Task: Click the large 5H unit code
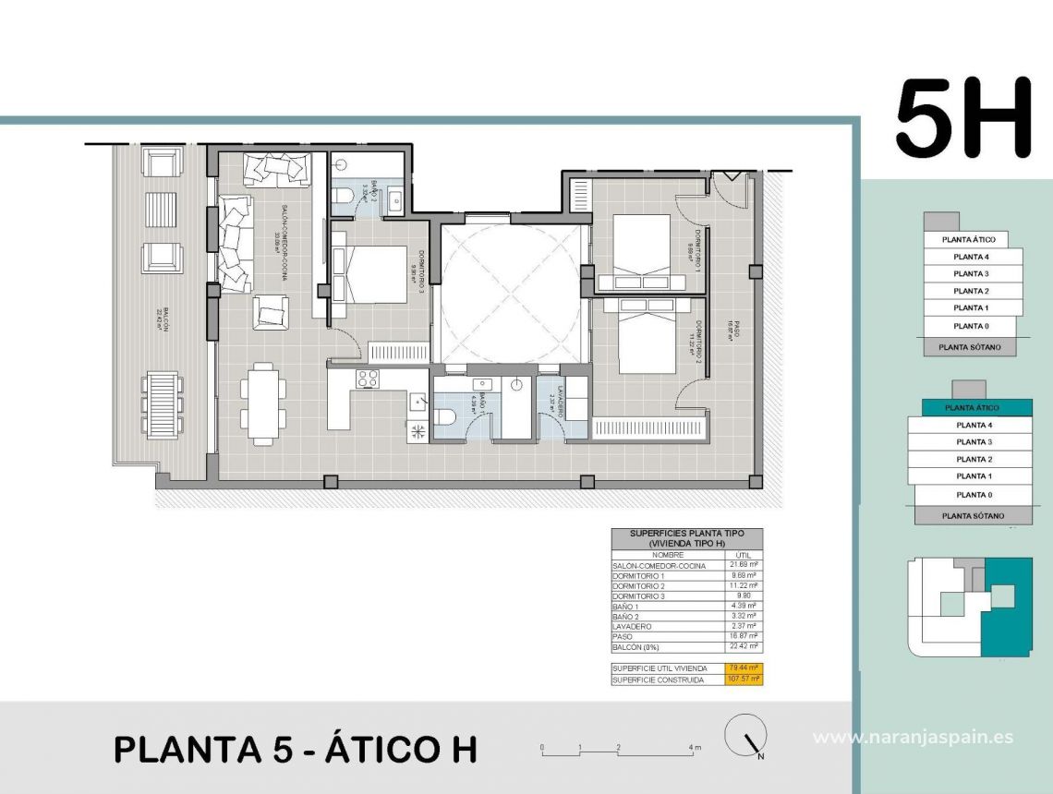[x=962, y=118]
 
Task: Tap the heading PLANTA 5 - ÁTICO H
[x=296, y=749]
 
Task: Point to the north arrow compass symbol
[x=746, y=738]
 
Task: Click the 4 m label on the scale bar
[x=695, y=747]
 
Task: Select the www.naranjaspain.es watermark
[x=913, y=737]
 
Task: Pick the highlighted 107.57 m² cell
[x=744, y=680]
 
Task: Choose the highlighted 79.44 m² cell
[x=744, y=668]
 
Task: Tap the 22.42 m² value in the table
[x=744, y=647]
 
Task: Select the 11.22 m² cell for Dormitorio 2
[x=744, y=585]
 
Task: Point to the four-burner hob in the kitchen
[x=368, y=378]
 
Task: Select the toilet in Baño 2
[x=343, y=195]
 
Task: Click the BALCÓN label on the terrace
[x=162, y=324]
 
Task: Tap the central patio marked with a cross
[x=514, y=294]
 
